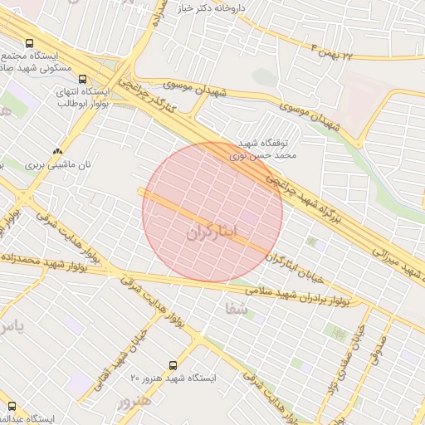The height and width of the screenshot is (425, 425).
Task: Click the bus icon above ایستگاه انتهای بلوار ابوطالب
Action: pos(81,80)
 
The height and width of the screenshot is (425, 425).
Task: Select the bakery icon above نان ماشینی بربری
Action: pos(57,151)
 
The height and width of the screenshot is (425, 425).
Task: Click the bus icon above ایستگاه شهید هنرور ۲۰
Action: pos(173,364)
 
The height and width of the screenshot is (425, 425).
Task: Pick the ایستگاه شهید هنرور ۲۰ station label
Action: pos(173,378)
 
